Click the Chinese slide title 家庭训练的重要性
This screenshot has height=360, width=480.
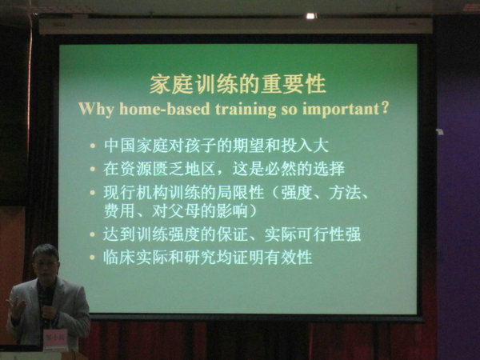tap(238, 84)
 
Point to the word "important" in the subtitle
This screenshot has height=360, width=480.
tap(341, 110)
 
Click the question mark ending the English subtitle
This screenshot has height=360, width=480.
tap(386, 108)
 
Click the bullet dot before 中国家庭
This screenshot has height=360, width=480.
tap(93, 146)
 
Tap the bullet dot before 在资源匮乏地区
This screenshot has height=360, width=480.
tap(93, 169)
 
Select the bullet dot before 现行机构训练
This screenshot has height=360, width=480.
tap(93, 193)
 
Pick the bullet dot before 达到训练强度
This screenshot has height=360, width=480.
tap(93, 234)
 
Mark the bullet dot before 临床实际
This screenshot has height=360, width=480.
tap(93, 258)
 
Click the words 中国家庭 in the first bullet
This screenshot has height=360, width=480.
tap(136, 146)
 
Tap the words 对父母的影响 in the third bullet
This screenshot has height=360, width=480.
tap(200, 211)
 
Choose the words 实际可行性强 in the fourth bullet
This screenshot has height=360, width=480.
tap(313, 234)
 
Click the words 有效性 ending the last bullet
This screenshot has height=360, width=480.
tap(288, 258)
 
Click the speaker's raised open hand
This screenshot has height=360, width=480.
tap(16, 306)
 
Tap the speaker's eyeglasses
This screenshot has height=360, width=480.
tap(46, 263)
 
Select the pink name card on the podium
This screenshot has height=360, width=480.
tap(55, 338)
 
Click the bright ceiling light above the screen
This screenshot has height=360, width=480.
tap(310, 16)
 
